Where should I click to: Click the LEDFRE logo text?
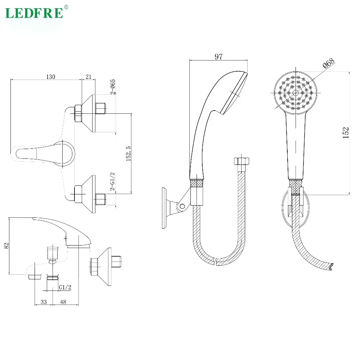34,13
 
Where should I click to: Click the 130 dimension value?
51,77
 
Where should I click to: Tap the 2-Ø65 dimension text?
113,86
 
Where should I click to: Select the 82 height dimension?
6,246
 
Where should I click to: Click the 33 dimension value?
44,302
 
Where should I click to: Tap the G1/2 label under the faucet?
65,287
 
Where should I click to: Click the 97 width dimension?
219,57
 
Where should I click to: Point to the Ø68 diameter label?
328,63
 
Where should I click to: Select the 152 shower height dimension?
346,132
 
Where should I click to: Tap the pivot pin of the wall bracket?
183,206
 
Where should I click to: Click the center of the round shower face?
296,93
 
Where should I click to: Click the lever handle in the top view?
40,152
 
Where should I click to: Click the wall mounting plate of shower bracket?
165,208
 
